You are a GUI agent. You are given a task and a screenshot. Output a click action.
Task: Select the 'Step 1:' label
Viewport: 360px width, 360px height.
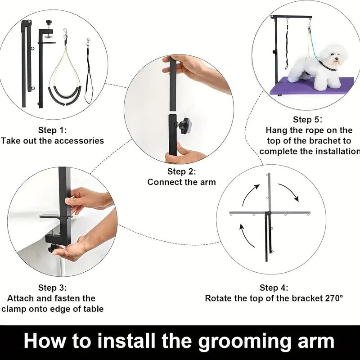point(52,130)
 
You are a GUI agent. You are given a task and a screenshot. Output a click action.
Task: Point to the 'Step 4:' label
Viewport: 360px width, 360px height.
point(274,288)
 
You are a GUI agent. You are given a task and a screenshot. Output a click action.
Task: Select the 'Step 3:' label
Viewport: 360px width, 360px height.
point(52,288)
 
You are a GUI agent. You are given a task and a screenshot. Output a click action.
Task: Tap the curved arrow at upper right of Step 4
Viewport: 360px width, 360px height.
point(288,191)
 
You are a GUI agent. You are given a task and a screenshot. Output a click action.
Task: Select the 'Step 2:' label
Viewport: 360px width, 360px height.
point(182,171)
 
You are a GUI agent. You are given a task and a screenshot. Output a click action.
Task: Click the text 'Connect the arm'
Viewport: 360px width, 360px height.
point(182,182)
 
